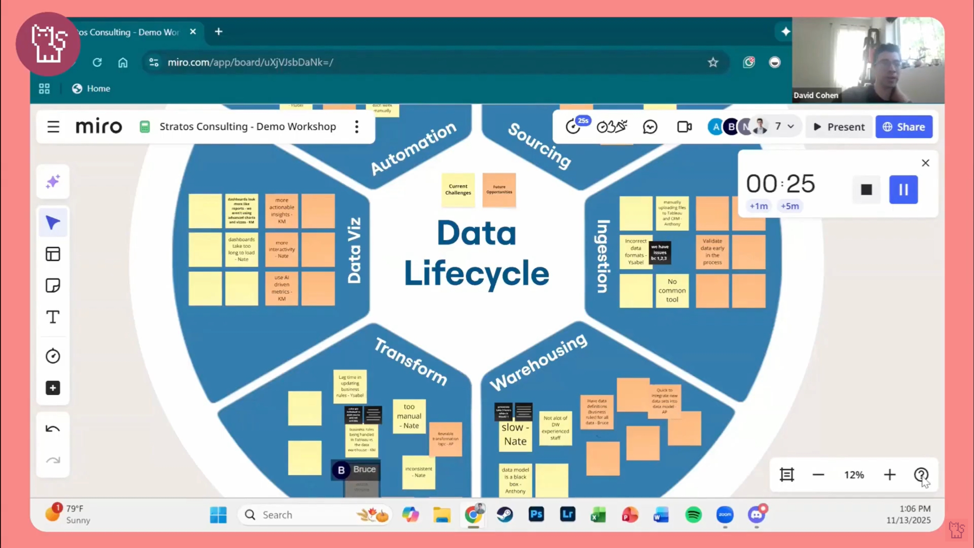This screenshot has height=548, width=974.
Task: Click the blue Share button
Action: click(903, 127)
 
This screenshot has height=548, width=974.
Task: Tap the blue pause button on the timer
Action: click(903, 190)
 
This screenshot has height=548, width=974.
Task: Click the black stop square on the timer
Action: click(866, 190)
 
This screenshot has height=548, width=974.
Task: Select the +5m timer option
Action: click(789, 206)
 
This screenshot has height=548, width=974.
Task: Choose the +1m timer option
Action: click(758, 206)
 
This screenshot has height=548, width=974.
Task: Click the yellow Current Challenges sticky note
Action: click(458, 189)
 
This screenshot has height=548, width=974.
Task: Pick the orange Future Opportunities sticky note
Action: click(499, 189)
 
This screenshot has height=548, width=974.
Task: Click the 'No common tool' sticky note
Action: click(672, 290)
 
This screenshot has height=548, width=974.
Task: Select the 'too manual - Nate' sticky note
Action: click(409, 416)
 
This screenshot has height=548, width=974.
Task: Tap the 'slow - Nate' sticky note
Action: click(515, 434)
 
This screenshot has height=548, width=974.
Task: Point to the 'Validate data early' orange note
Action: click(712, 251)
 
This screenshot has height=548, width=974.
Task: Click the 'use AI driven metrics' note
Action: click(281, 288)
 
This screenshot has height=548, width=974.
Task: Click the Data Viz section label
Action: click(354, 250)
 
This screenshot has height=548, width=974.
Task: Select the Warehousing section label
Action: click(538, 362)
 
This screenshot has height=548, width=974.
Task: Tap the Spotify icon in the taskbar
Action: click(693, 515)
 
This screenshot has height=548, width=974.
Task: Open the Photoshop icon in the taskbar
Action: click(536, 514)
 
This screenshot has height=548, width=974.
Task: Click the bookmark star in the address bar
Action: click(713, 62)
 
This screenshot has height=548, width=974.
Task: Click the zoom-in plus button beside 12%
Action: click(889, 475)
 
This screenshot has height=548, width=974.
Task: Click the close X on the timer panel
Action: click(925, 163)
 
